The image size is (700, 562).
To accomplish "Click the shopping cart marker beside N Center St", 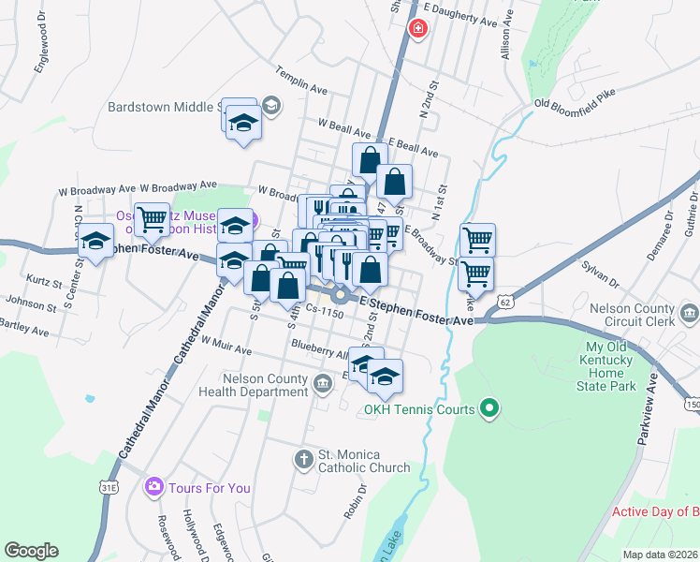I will click(x=152, y=221).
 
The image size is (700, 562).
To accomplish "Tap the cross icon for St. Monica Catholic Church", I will click(x=303, y=459).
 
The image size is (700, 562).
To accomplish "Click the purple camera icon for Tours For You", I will click(x=153, y=487).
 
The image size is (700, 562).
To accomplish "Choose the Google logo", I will click(x=31, y=551).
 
